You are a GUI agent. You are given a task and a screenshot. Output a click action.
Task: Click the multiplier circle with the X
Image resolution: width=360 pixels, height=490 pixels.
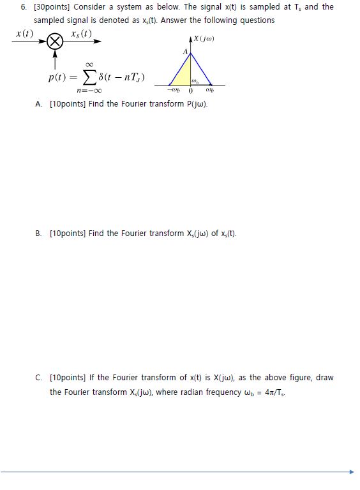click(56, 43)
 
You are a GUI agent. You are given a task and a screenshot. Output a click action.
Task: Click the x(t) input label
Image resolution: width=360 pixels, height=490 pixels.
click(24, 33)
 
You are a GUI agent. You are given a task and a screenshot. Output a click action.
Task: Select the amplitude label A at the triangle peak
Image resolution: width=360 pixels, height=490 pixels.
click(186, 51)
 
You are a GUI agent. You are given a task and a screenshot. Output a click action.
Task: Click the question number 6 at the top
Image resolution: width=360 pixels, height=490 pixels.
click(24, 7)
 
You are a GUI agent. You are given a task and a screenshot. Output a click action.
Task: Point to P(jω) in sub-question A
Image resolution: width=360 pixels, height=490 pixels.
click(194, 103)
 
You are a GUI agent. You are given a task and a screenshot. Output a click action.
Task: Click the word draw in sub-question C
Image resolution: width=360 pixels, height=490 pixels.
click(325, 378)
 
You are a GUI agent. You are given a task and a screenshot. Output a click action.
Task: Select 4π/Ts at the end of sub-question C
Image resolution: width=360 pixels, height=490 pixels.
click(271, 392)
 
